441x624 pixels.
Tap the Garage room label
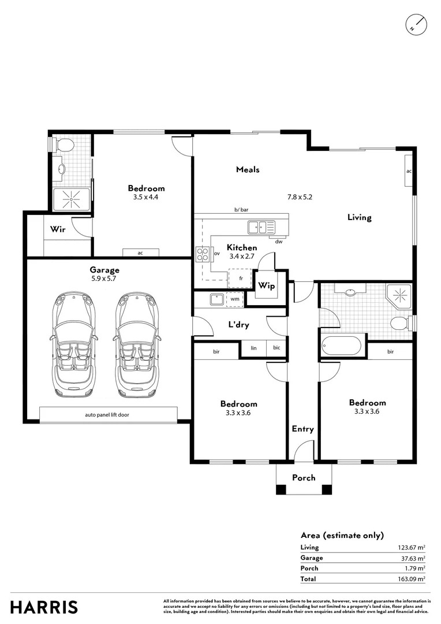tap(104, 270)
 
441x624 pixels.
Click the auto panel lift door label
tap(108, 415)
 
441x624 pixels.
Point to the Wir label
tap(57, 229)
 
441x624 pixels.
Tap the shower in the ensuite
tap(71, 198)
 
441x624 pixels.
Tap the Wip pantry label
tap(266, 286)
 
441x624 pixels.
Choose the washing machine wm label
tap(235, 299)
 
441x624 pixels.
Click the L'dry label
tap(238, 325)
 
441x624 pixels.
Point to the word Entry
tap(302, 429)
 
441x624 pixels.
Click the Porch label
tap(304, 477)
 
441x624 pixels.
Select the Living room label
tap(359, 217)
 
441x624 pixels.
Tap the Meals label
tap(248, 169)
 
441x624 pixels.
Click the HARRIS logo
tap(44, 607)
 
